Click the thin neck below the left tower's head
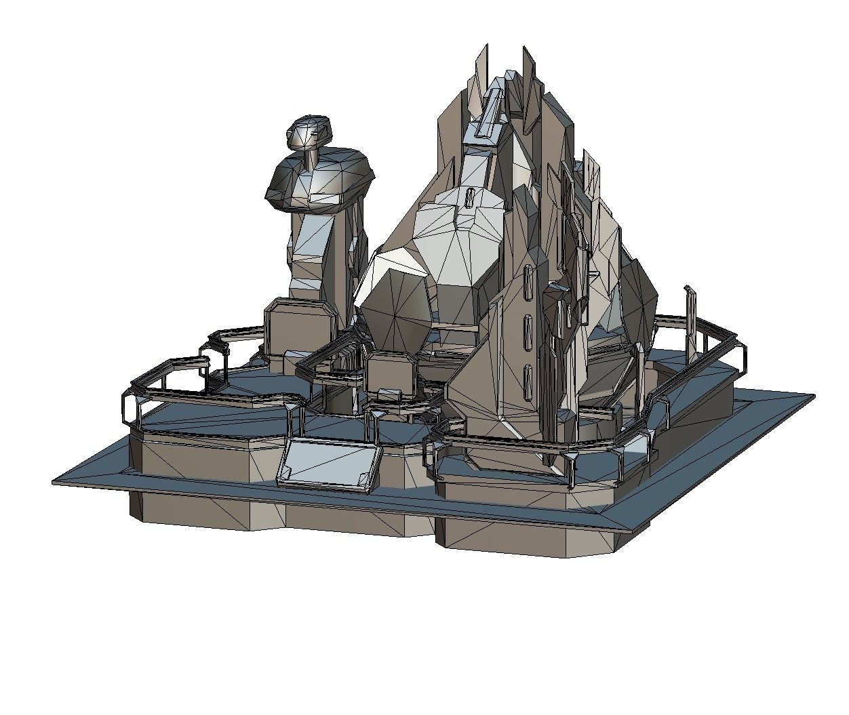click(312, 157)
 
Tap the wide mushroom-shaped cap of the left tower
click(319, 180)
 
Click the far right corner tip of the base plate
click(813, 396)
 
